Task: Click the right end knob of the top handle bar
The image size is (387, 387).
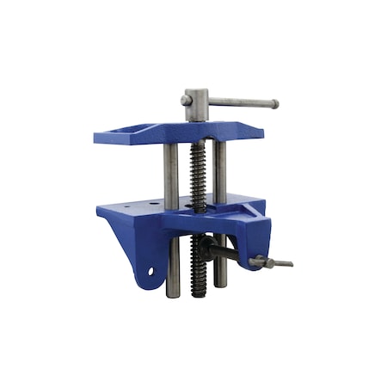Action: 274,105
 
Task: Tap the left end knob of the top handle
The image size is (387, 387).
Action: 185,100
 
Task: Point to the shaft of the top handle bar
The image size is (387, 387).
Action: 241,103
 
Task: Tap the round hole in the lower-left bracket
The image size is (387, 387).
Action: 151,271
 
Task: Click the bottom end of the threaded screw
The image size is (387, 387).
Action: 199,292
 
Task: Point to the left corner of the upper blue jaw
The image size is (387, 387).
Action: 95,136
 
